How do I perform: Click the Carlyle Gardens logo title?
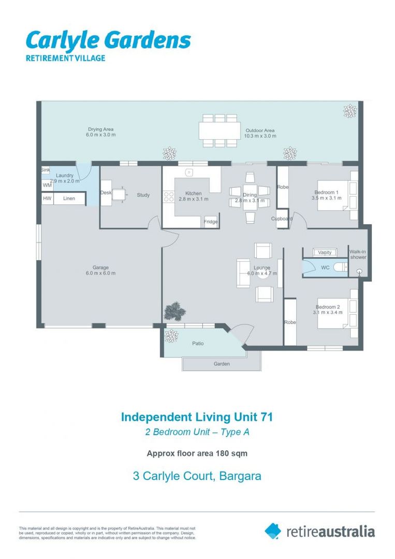pyautogui.click(x=108, y=40)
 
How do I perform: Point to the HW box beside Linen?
pyautogui.click(x=47, y=198)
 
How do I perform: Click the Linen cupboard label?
pyautogui.click(x=69, y=198)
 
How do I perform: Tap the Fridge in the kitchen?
pyautogui.click(x=210, y=222)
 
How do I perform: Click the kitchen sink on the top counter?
pyautogui.click(x=189, y=172)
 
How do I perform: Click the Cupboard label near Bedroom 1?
pyautogui.click(x=282, y=218)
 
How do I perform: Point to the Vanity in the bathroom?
pyautogui.click(x=325, y=252)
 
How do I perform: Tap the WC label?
pyautogui.click(x=325, y=268)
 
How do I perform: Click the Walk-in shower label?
pyautogui.click(x=358, y=254)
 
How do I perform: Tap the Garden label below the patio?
pyautogui.click(x=221, y=364)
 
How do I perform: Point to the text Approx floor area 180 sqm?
pyautogui.click(x=197, y=453)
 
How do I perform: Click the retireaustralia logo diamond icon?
pyautogui.click(x=273, y=531)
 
